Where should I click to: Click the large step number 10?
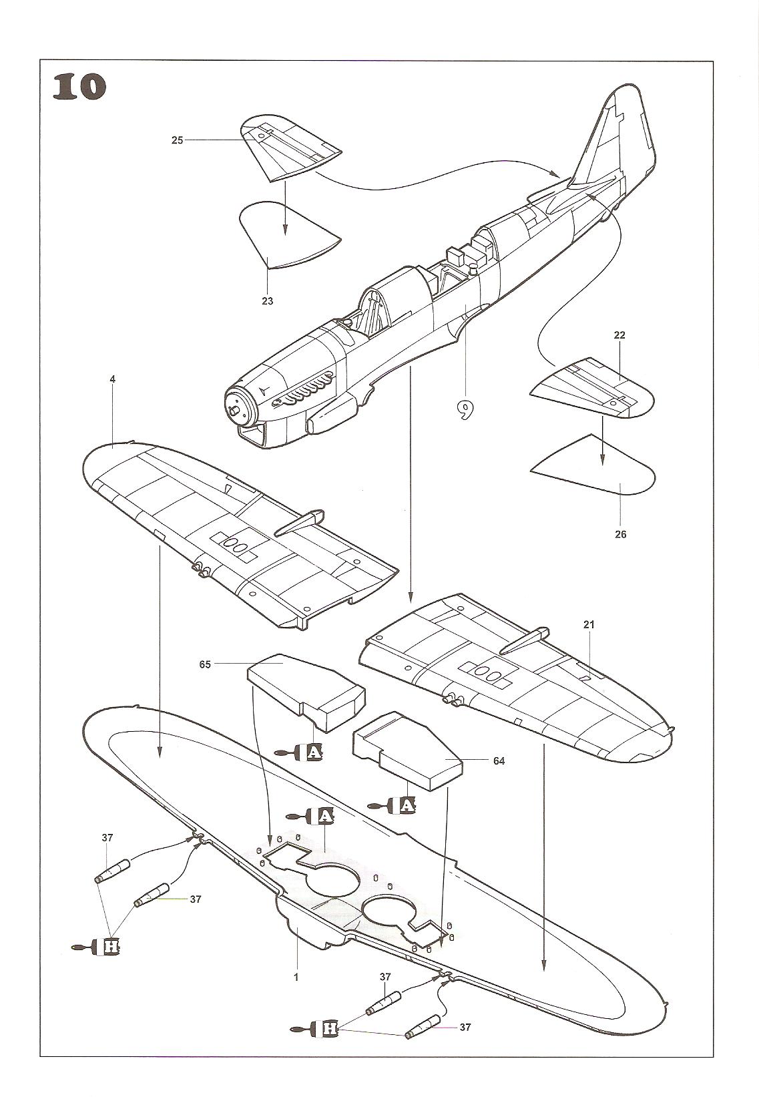click(x=79, y=87)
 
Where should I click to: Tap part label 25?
click(x=177, y=140)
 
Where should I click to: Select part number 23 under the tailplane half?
click(x=267, y=301)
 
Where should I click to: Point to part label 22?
click(x=619, y=335)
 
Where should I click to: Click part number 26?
click(x=621, y=534)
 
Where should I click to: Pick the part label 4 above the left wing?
click(x=113, y=379)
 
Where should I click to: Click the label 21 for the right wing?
click(x=588, y=625)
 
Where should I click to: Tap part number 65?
click(x=205, y=664)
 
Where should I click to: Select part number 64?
click(x=499, y=761)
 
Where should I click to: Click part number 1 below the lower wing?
click(x=296, y=977)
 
